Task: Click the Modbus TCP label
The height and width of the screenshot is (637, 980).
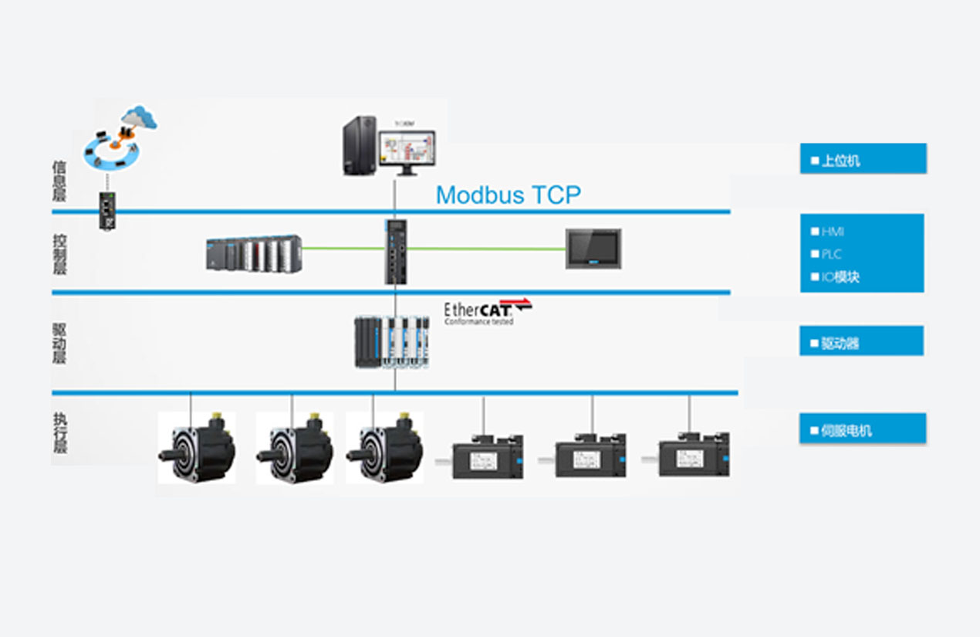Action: click(508, 195)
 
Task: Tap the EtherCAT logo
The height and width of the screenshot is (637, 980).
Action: click(488, 310)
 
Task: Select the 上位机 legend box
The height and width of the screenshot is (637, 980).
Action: click(863, 159)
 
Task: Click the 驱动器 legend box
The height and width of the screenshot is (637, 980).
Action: click(861, 341)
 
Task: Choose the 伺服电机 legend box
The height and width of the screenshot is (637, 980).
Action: click(863, 429)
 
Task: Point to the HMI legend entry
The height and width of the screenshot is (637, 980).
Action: click(833, 231)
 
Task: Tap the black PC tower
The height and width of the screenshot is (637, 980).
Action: click(359, 145)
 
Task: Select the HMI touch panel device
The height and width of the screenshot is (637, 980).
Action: click(593, 248)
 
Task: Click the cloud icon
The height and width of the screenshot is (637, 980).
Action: click(139, 117)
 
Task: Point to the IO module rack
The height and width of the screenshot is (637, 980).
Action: click(254, 253)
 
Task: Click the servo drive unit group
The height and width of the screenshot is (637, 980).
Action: click(392, 341)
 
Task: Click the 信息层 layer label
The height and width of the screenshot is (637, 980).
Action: click(59, 181)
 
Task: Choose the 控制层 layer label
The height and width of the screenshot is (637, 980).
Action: click(59, 252)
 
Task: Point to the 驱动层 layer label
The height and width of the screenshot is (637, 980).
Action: click(59, 342)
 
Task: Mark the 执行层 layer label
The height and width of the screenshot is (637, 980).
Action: click(59, 432)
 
